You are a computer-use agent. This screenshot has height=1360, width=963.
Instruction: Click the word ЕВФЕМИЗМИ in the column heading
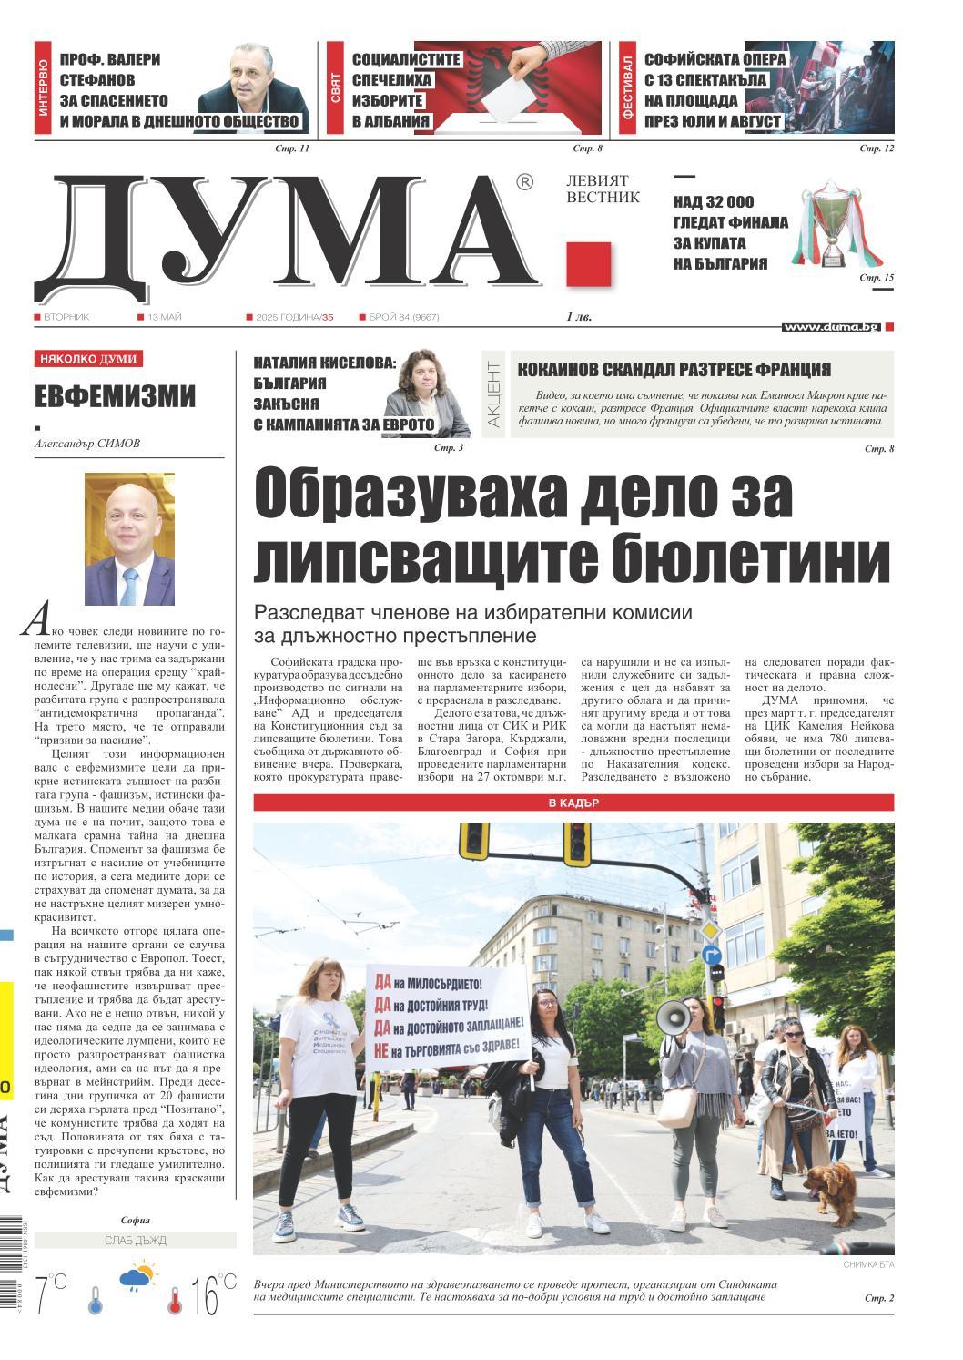[x=116, y=396]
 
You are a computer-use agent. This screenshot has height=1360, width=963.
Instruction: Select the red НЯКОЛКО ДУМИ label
[x=88, y=359]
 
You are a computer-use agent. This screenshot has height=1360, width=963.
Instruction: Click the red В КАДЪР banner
[x=573, y=803]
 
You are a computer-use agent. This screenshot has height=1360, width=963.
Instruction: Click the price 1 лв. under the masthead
[x=578, y=317]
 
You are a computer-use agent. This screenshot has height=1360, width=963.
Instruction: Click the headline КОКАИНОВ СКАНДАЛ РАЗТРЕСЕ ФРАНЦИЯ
[x=674, y=369]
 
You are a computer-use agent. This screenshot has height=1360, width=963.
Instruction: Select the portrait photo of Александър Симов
[x=129, y=539]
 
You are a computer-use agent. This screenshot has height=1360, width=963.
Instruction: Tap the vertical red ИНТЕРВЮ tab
[x=43, y=87]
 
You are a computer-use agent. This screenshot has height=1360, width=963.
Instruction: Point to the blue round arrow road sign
[x=712, y=955]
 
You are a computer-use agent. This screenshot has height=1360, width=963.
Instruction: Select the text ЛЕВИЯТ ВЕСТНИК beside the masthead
[x=603, y=189]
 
